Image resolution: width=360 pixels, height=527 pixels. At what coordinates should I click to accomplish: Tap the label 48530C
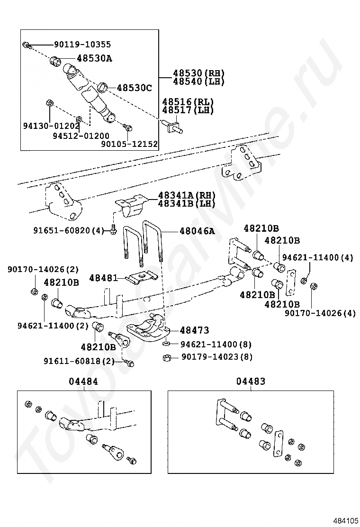point(135,88)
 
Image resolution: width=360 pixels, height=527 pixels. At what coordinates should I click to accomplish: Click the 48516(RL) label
point(188,102)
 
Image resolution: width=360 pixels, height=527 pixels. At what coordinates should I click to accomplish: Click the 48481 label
point(104,278)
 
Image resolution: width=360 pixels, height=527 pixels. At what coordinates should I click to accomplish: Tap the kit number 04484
point(83,382)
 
